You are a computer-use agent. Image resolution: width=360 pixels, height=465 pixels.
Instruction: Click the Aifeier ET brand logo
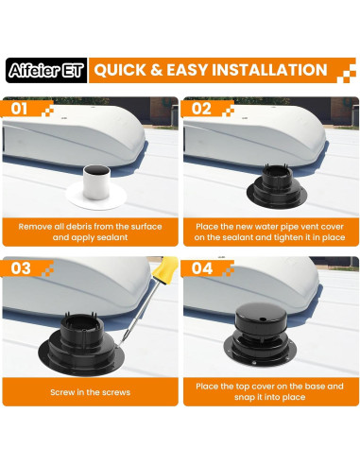click(46, 70)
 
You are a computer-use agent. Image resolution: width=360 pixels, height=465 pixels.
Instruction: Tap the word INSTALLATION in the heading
click(269, 70)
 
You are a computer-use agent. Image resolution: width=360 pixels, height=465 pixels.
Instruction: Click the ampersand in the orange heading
click(156, 70)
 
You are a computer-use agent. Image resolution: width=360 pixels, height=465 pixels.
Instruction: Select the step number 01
click(19, 109)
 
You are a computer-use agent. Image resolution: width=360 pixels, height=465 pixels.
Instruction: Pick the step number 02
click(201, 109)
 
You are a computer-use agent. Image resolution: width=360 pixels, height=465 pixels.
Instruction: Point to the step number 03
click(21, 268)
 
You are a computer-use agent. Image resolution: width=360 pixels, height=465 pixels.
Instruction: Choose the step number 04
click(202, 268)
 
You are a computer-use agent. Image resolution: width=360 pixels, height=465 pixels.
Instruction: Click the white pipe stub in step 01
click(96, 182)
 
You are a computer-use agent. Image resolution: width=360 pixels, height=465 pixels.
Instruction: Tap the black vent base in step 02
click(277, 186)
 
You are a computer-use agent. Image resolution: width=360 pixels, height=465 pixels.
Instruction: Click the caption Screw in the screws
click(90, 392)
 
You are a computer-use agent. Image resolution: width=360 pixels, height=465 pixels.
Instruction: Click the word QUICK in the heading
click(120, 70)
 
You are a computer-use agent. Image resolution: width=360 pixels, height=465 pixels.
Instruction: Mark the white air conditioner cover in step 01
click(74, 135)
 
